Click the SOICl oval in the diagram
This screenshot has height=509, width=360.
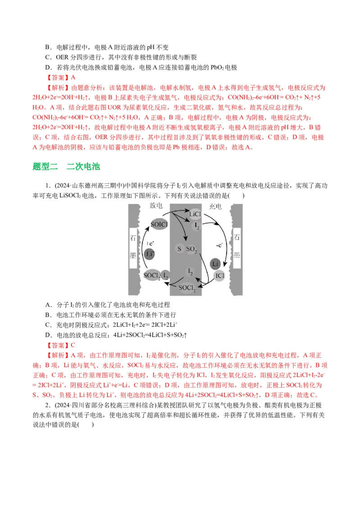pyautogui.click(x=159, y=223)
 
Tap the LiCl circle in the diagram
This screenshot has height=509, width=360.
pyautogui.click(x=195, y=214)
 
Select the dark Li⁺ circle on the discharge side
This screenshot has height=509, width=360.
pyautogui.click(x=150, y=254)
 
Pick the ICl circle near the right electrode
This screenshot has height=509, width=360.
pyautogui.click(x=220, y=275)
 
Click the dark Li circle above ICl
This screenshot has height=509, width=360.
pyautogui.click(x=216, y=263)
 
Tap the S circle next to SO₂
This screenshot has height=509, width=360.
pyautogui.click(x=179, y=249)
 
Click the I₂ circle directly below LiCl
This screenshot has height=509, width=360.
pyautogui.click(x=196, y=227)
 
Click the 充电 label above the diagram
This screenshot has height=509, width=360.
pyautogui.click(x=216, y=206)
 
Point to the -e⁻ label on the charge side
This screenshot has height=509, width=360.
pyautogui.click(x=220, y=245)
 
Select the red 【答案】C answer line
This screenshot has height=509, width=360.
pyautogui.click(x=61, y=345)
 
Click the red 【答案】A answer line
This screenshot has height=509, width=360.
pyautogui.click(x=61, y=77)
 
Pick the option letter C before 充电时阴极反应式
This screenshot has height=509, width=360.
pyautogui.click(x=47, y=325)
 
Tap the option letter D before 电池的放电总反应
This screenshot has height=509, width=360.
pyautogui.click(x=47, y=335)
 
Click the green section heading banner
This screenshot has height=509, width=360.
pyautogui.click(x=67, y=167)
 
